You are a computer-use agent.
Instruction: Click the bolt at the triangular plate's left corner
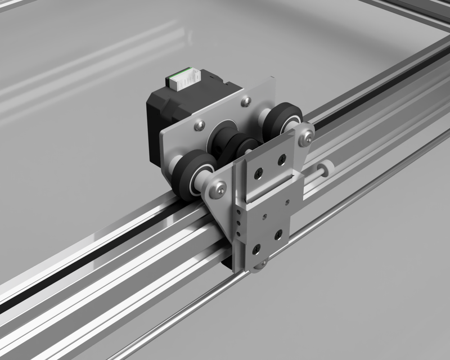coord(216,189)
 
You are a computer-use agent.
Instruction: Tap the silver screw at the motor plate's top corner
coord(245,101)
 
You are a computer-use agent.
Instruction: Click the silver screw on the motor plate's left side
coord(198,125)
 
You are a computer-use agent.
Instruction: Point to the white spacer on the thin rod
coord(325,168)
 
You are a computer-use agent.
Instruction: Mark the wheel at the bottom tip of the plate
coord(260,265)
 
